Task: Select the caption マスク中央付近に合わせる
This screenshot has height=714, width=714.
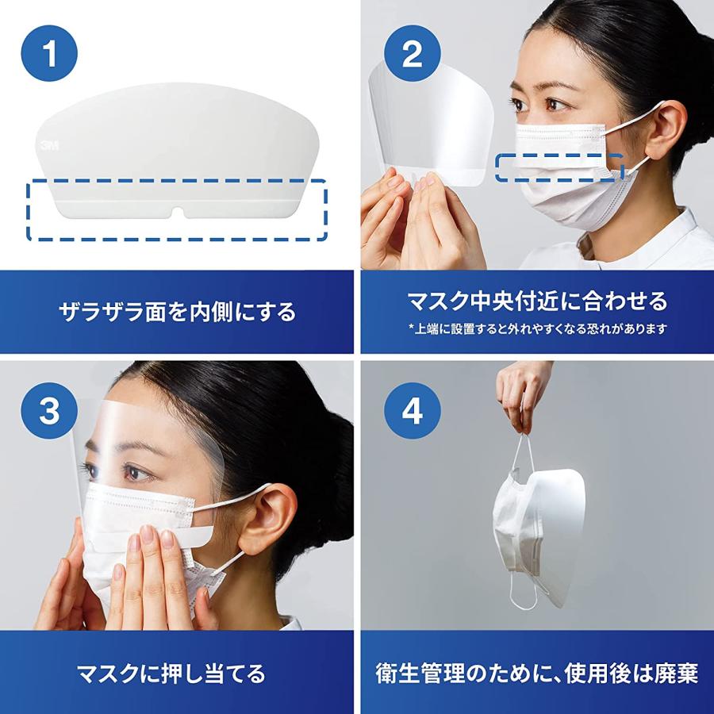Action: (537, 301)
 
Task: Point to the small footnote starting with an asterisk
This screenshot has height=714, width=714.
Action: (537, 328)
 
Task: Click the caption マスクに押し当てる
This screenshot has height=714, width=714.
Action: (176, 674)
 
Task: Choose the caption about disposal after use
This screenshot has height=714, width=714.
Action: (537, 674)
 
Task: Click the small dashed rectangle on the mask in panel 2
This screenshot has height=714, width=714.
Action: (559, 167)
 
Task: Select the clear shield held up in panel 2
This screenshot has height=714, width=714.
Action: (428, 119)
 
